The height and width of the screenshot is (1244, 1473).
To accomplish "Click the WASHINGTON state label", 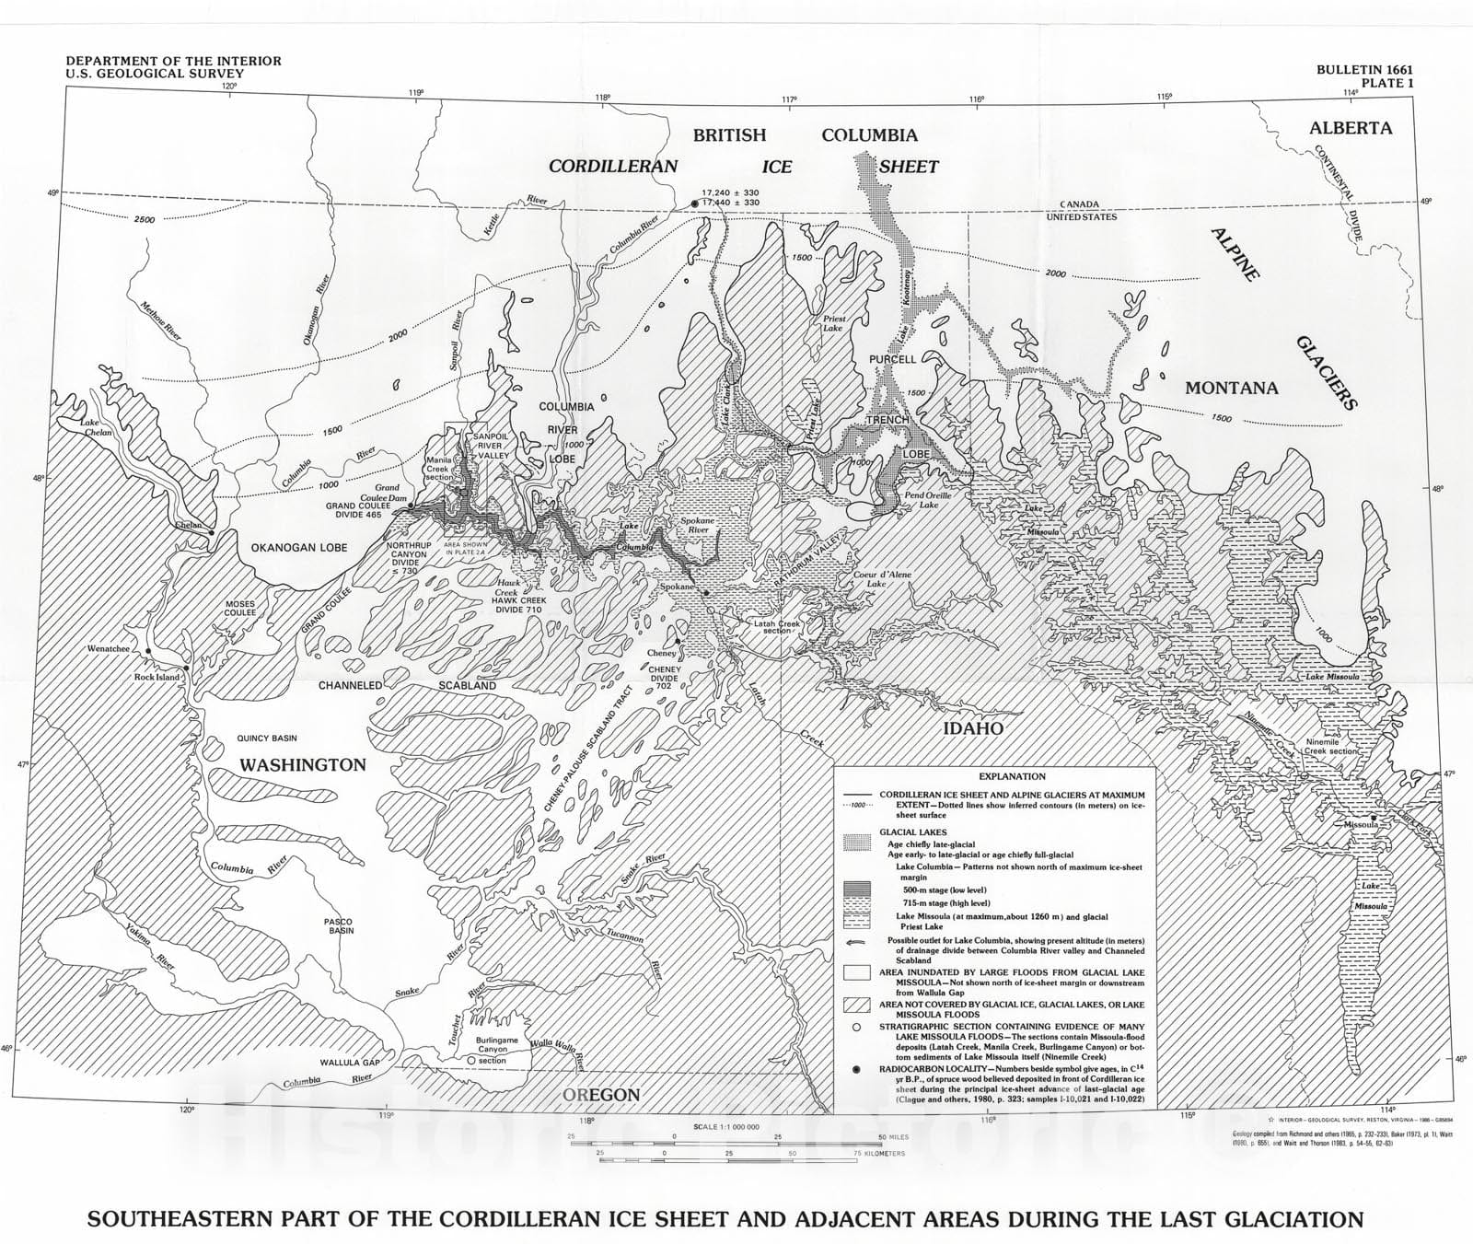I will pyautogui.click(x=303, y=765).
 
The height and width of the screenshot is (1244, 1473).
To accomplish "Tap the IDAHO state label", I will pyautogui.click(x=972, y=728).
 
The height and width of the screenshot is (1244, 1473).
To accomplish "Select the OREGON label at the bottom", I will pyautogui.click(x=601, y=1095).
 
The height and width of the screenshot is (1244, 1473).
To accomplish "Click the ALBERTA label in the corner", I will pyautogui.click(x=1351, y=128).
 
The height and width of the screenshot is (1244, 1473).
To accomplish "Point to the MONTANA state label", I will pyautogui.click(x=1231, y=388).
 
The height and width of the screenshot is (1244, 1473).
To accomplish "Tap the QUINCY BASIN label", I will pyautogui.click(x=267, y=738).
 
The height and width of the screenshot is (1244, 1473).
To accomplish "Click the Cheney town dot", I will pyautogui.click(x=679, y=642).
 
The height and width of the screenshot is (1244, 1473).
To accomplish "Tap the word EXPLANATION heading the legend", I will pyautogui.click(x=1012, y=777).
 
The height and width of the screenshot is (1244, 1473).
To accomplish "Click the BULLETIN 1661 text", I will pyautogui.click(x=1364, y=70).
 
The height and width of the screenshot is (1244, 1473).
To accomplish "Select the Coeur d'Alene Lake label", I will pyautogui.click(x=882, y=579).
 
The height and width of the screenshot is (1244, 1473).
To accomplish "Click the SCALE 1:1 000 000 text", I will pyautogui.click(x=727, y=1127).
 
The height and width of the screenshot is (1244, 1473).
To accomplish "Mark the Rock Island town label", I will pyautogui.click(x=157, y=677).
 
